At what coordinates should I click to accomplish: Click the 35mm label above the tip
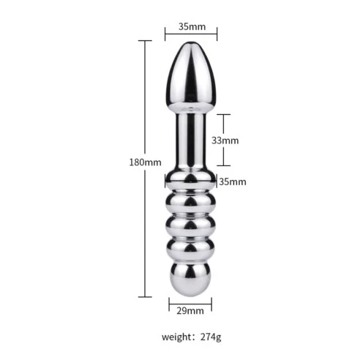[x=192, y=26]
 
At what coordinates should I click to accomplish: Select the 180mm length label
[x=145, y=162]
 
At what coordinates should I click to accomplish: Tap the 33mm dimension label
[x=225, y=140]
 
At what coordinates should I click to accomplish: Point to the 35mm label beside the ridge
[x=233, y=181]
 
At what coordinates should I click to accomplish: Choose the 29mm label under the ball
[x=190, y=311]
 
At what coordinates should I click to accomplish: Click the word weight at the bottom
[x=177, y=337]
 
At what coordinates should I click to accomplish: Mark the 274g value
[x=211, y=337]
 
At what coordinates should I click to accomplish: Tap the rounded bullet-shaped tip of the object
[x=192, y=75]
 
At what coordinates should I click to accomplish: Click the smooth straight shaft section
[x=191, y=140]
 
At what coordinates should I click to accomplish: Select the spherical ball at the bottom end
[x=190, y=279]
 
